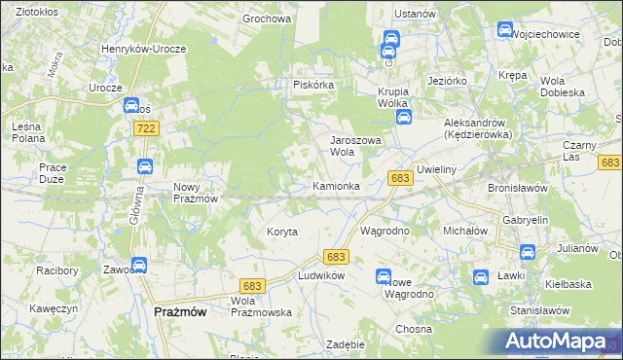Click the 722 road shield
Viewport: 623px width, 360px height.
click(147, 128)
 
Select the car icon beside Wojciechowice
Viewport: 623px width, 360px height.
click(504, 29)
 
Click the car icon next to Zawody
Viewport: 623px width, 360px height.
click(138, 264)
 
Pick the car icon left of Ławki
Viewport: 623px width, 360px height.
click(480, 276)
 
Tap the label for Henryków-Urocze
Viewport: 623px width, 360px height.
click(143, 48)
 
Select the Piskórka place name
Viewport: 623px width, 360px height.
click(313, 85)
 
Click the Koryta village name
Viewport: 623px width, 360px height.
click(281, 232)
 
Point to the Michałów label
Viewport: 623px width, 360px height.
click(464, 231)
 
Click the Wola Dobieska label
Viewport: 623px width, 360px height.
click(566, 86)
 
